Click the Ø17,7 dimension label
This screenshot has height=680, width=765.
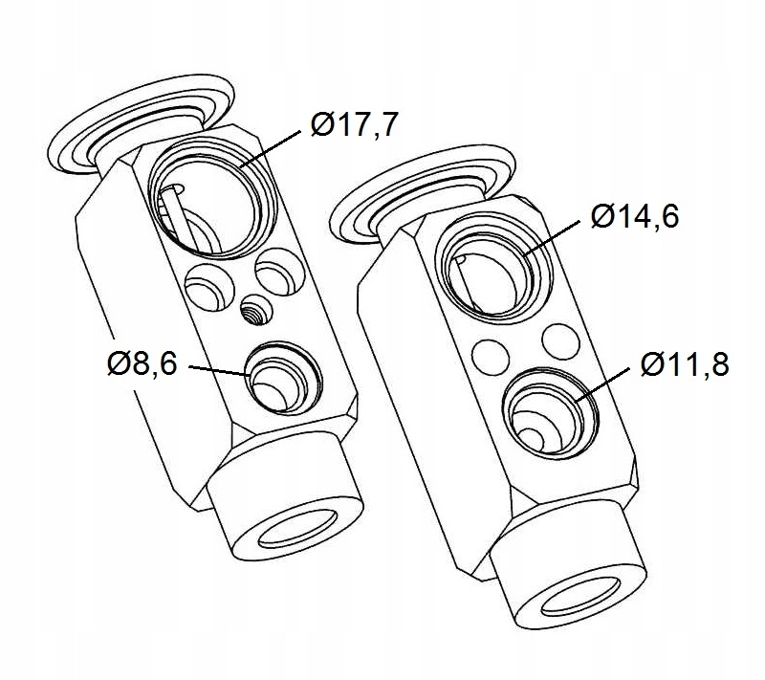point(354,125)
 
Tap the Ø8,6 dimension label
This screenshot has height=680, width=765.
point(142,363)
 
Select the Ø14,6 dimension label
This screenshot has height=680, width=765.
point(634,215)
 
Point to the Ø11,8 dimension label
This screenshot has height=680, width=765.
point(685,364)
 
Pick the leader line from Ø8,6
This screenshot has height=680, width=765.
point(219,371)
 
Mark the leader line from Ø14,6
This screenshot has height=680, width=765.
point(552,238)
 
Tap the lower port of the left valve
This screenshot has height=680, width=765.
point(284,378)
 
